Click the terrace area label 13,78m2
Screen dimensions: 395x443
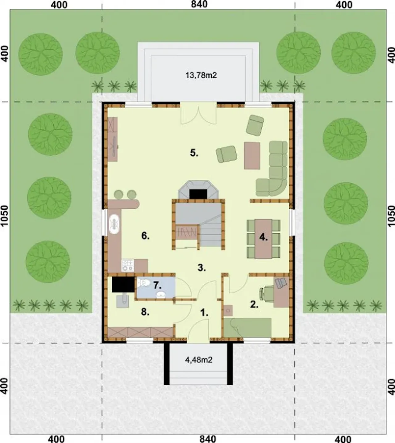[x=201, y=75]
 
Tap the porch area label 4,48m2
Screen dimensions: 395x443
[x=199, y=360]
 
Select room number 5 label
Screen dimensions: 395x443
[x=194, y=153]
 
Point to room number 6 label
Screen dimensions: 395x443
[x=145, y=236]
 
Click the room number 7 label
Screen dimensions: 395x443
[x=157, y=285]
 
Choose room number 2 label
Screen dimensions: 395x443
[x=254, y=304]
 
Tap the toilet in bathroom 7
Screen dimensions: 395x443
[x=143, y=283]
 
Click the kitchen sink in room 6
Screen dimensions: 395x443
[x=114, y=224]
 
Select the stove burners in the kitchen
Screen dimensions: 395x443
[x=127, y=265]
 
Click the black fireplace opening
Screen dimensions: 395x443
[x=198, y=194]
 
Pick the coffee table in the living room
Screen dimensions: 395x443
[x=252, y=156]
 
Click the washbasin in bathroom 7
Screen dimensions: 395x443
[x=161, y=295]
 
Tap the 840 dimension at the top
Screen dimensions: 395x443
[x=199, y=5]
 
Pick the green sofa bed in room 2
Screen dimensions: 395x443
[x=247, y=328]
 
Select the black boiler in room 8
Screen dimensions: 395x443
[x=123, y=284]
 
